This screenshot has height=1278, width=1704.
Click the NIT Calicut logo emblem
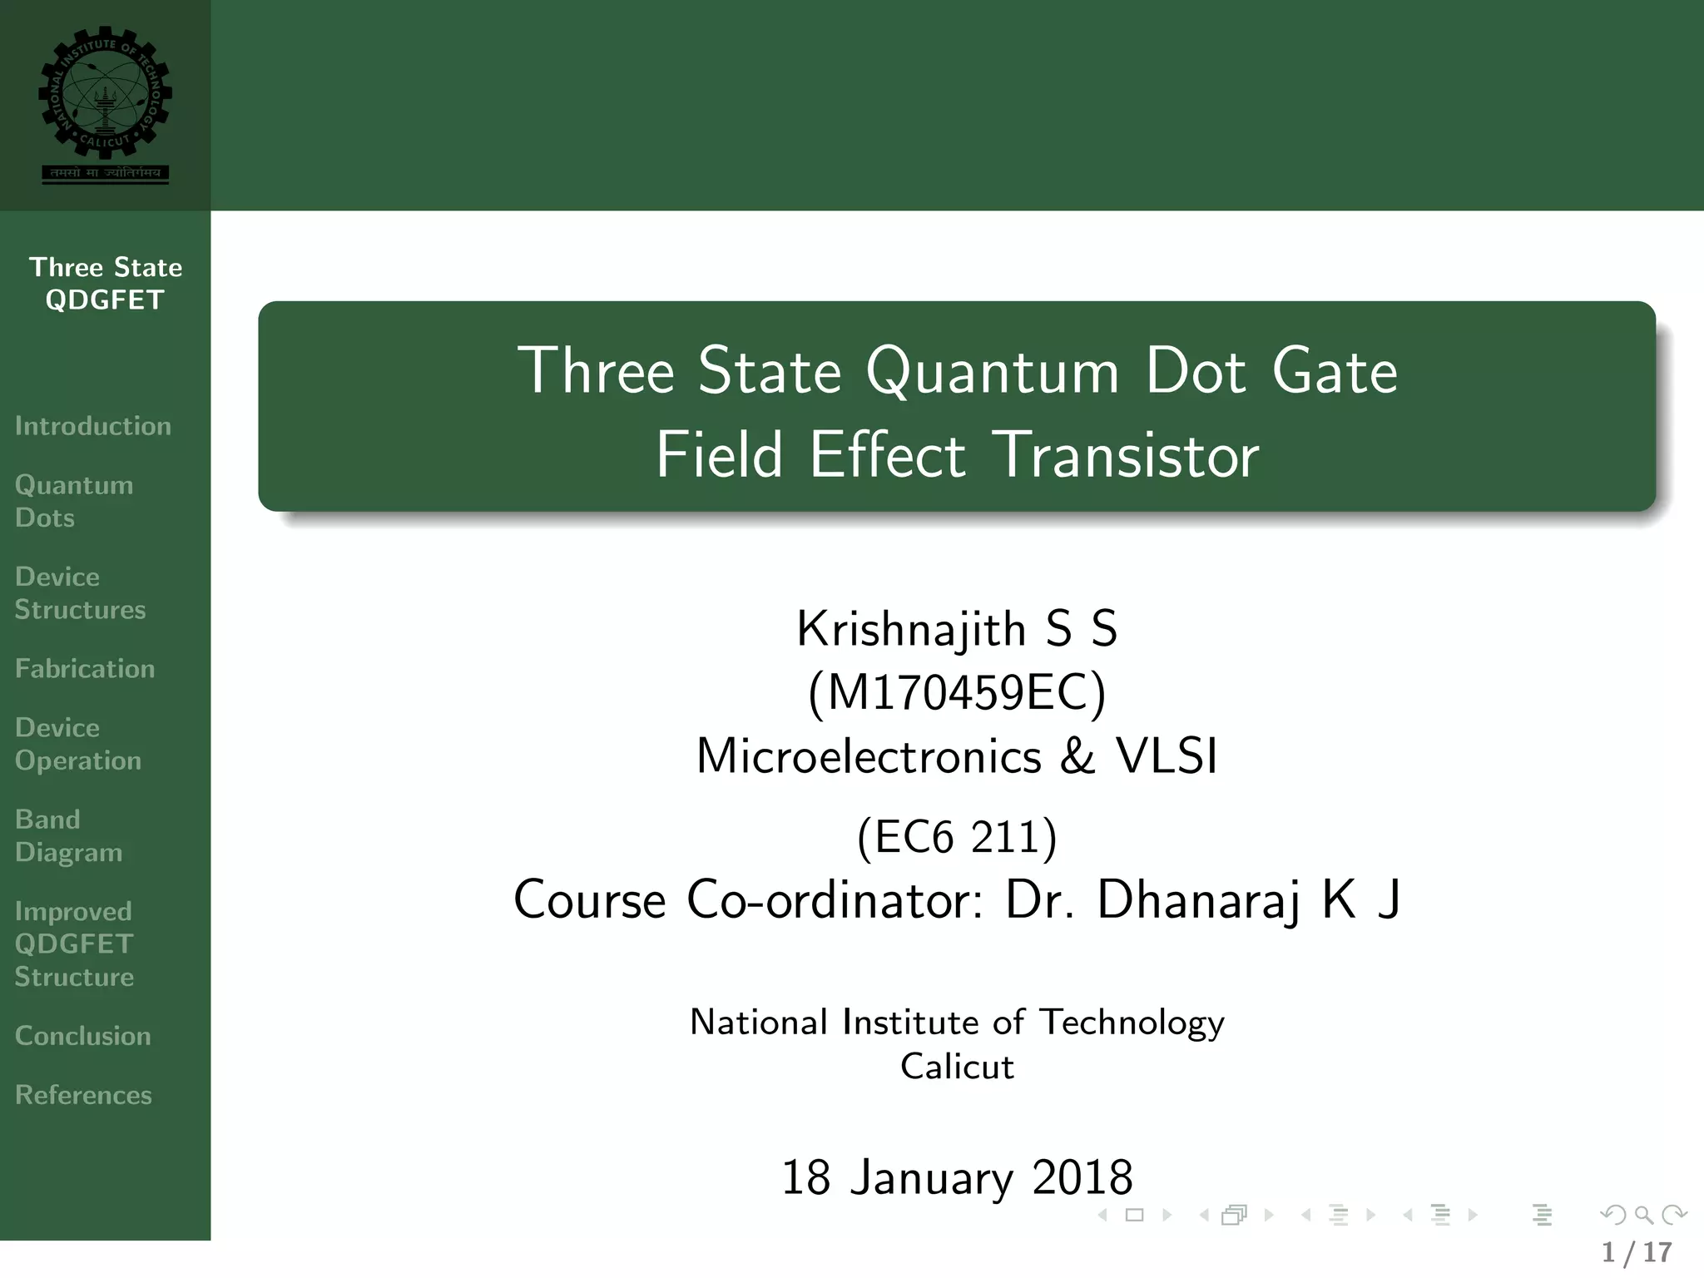[x=105, y=92]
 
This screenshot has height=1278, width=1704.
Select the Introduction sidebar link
[x=93, y=426]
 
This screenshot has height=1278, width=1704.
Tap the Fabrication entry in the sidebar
[x=85, y=669]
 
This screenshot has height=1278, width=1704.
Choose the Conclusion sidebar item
[x=83, y=1036]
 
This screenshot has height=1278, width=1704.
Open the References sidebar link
[x=83, y=1095]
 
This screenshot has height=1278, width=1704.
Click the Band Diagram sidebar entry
[x=68, y=835]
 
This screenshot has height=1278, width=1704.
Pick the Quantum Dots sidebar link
[x=74, y=501]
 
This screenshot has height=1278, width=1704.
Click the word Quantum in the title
[x=992, y=371]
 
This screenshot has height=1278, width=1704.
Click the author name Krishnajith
[x=910, y=629]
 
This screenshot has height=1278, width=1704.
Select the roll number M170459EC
[x=957, y=693]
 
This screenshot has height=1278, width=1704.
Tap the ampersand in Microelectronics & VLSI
[x=1078, y=757]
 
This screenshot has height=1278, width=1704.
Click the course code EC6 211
[x=957, y=836]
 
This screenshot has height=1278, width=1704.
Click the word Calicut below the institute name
[x=957, y=1067]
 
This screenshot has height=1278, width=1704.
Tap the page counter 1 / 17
[x=1637, y=1252]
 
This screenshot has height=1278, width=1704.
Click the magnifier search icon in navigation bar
[x=1643, y=1216]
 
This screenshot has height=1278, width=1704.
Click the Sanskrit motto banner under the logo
[x=105, y=173]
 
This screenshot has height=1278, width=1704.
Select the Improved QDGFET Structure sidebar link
[x=74, y=944]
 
